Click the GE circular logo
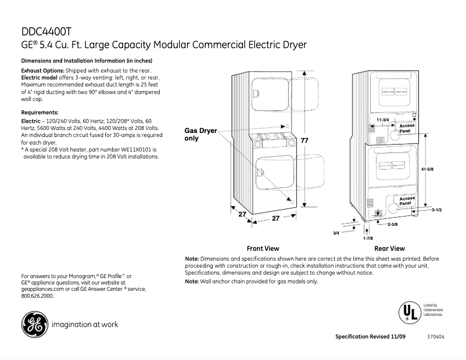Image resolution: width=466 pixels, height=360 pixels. tap(34, 325)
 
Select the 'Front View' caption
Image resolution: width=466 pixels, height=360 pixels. tap(263, 248)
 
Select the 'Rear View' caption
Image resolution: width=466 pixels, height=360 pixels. tap(389, 248)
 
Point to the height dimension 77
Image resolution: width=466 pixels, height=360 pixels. tap(304, 141)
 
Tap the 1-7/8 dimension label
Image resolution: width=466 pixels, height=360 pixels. tap(367, 238)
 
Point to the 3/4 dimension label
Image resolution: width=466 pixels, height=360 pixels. tap(336, 232)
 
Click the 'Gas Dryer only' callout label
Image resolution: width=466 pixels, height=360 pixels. tap(200, 135)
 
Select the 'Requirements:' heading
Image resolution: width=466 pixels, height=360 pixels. tap(40, 112)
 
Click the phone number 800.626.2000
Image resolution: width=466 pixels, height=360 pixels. tap(38, 295)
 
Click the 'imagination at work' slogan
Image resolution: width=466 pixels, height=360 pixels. tap(85, 325)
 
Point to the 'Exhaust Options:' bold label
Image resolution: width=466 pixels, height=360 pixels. tap(39, 71)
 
